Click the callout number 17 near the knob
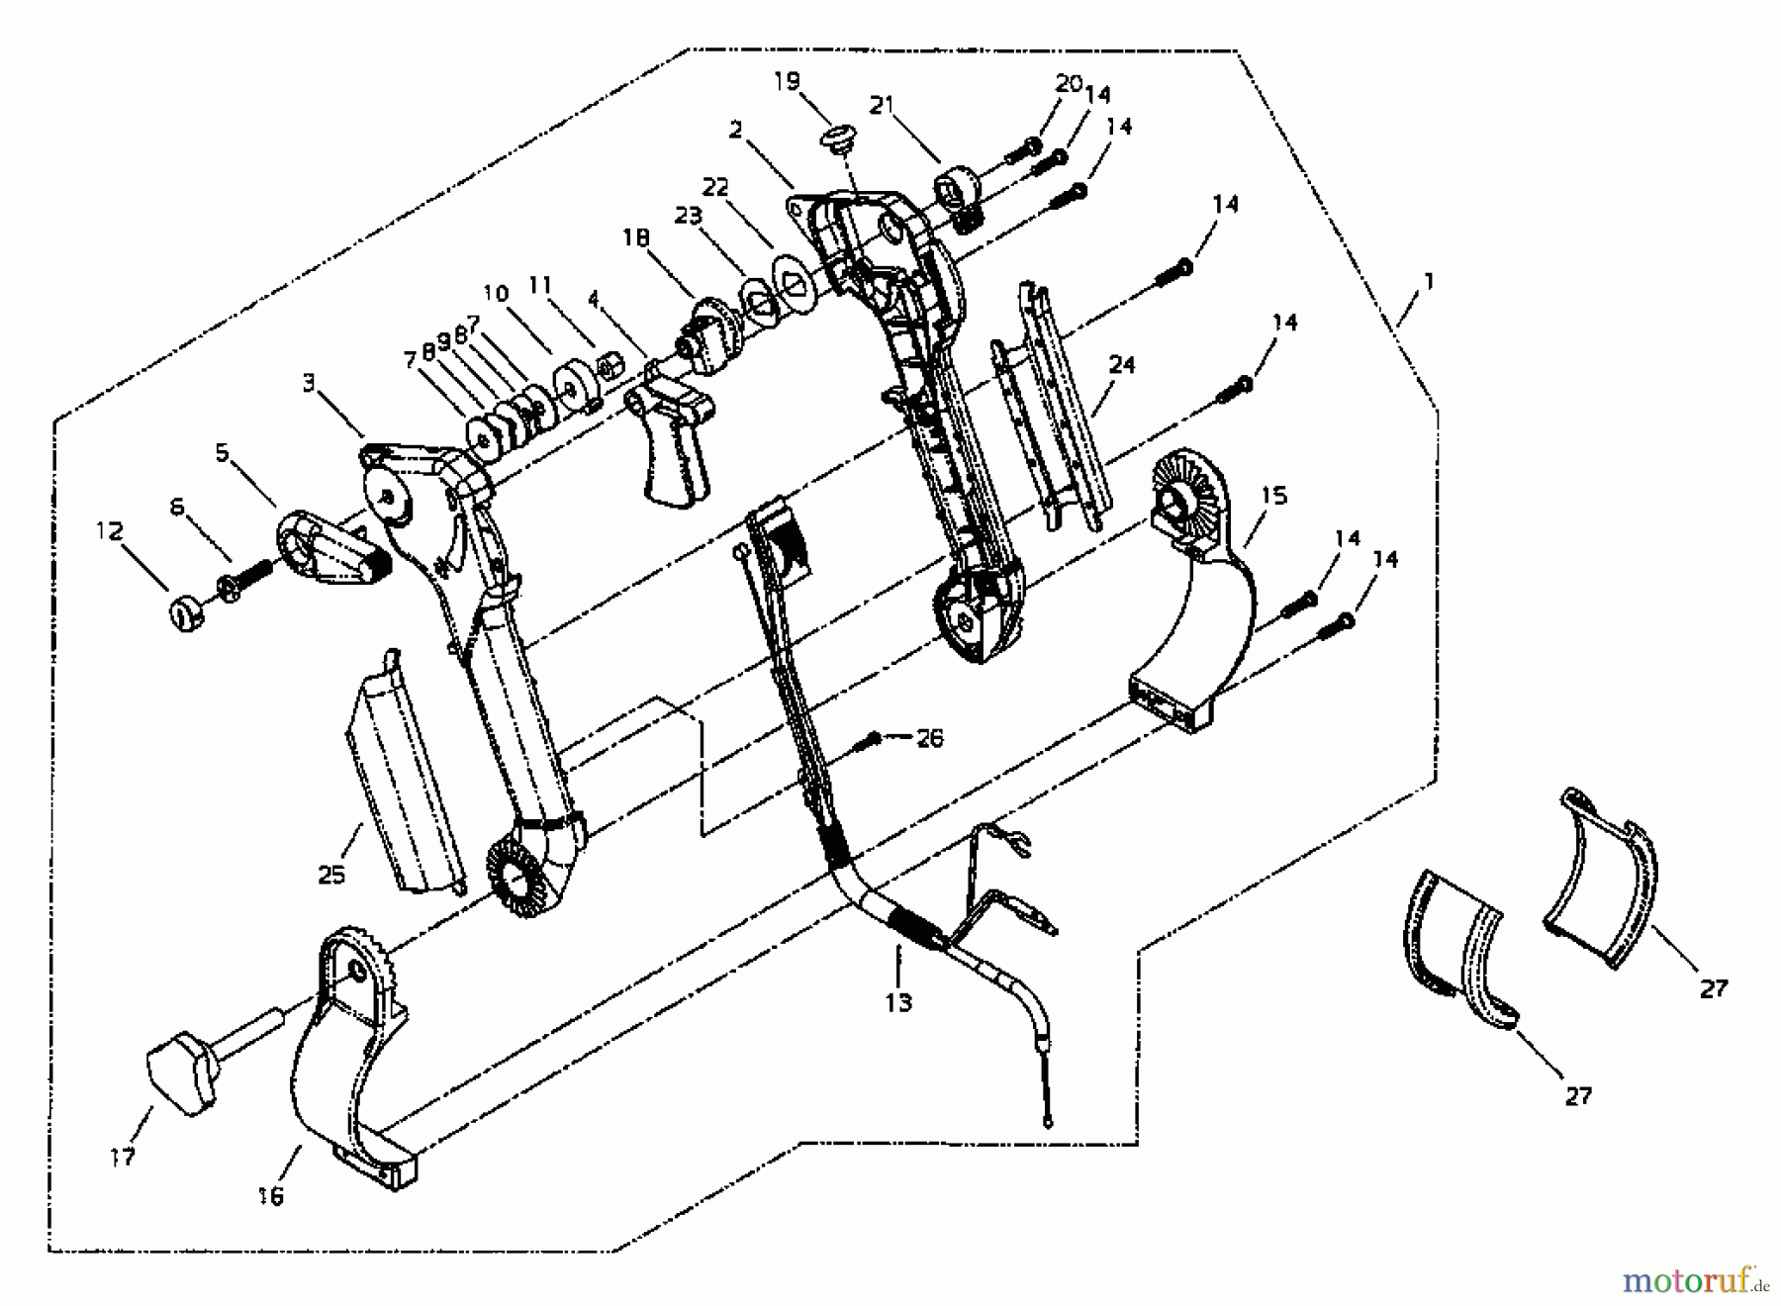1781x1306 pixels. tap(122, 1157)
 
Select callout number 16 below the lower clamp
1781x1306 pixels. tap(269, 1196)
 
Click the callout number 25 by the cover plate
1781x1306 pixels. tap(331, 875)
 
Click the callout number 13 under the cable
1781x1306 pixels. tap(897, 1002)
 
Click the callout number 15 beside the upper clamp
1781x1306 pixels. tap(1274, 495)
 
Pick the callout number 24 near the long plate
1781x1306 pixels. tap(1121, 365)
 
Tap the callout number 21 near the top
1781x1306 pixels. tap(883, 104)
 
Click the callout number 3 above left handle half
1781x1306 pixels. tap(309, 382)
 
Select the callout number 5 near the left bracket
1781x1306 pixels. tap(222, 453)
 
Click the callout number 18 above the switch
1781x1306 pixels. tap(636, 237)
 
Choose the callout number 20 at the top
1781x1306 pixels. tap(1069, 83)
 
